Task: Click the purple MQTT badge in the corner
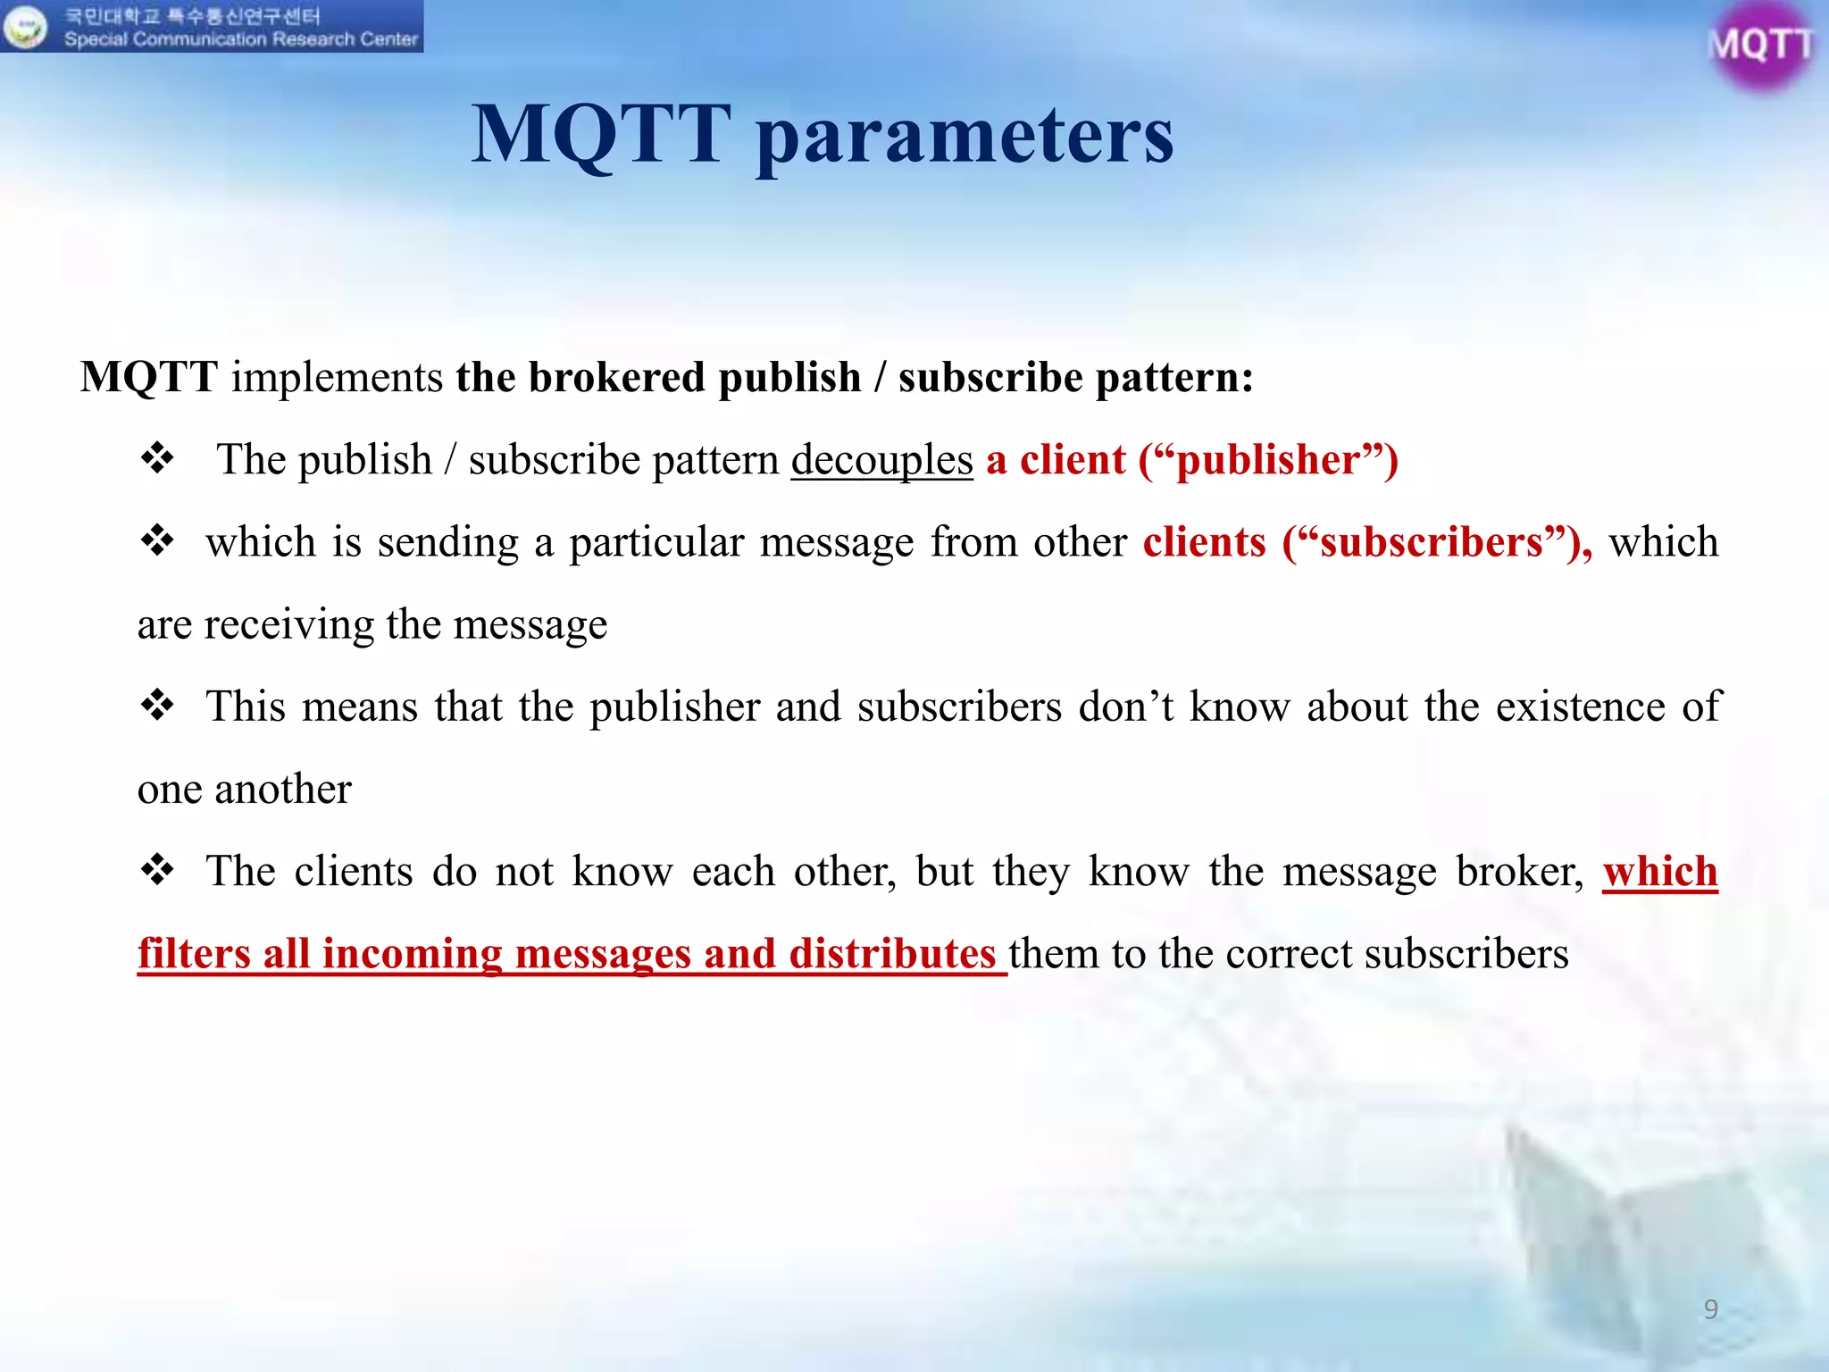[x=1759, y=45]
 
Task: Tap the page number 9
[x=1710, y=1309]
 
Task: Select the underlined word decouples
[x=881, y=461]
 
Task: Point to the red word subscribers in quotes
[x=1432, y=543]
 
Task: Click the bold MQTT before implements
[x=149, y=377]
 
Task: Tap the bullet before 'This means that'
[x=157, y=706]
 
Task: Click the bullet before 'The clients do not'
[x=157, y=870]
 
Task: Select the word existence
[x=1580, y=707]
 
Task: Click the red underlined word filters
[x=194, y=953]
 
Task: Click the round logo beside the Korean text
[x=25, y=27]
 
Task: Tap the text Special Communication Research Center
[x=241, y=39]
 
